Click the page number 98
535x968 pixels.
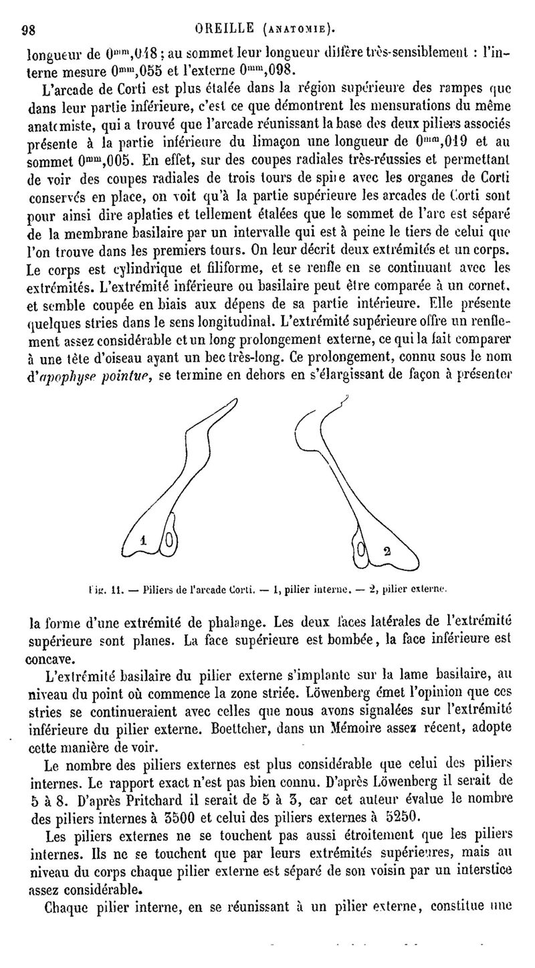click(x=29, y=29)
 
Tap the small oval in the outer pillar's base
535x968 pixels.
click(x=361, y=552)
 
